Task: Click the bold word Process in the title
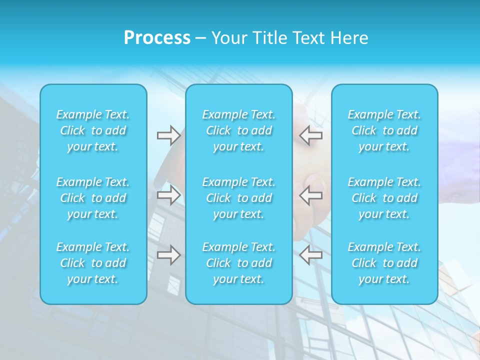pyautogui.click(x=157, y=37)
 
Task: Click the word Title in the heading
pyautogui.click(x=270, y=37)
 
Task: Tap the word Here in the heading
pyautogui.click(x=349, y=37)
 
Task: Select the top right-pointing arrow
pyautogui.click(x=168, y=135)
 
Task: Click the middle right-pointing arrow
pyautogui.click(x=168, y=195)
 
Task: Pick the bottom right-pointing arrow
pyautogui.click(x=168, y=255)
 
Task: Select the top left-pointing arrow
pyautogui.click(x=311, y=135)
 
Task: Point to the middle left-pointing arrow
pyautogui.click(x=311, y=195)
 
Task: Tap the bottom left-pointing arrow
pyautogui.click(x=311, y=255)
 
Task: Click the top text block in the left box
pyautogui.click(x=93, y=130)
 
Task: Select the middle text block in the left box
pyautogui.click(x=93, y=198)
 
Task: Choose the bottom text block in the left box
pyautogui.click(x=93, y=263)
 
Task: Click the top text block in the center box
pyautogui.click(x=239, y=130)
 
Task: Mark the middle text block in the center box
pyautogui.click(x=239, y=198)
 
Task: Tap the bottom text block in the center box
pyautogui.click(x=239, y=263)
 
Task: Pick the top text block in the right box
pyautogui.click(x=384, y=130)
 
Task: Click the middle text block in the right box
pyautogui.click(x=384, y=198)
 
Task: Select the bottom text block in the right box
pyautogui.click(x=384, y=263)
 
